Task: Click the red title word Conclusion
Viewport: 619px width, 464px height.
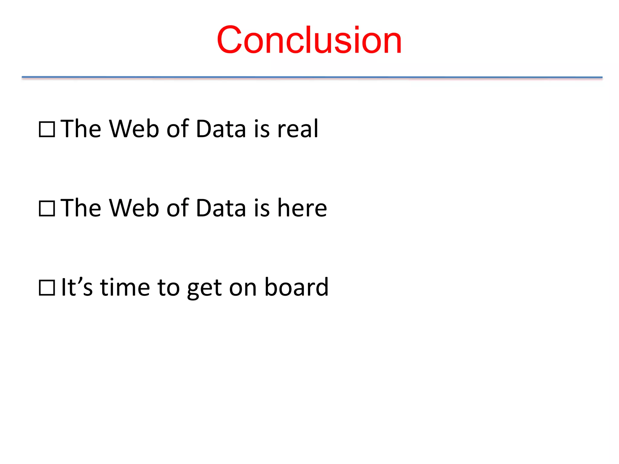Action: coord(309,40)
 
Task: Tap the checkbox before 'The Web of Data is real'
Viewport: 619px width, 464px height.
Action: coord(47,129)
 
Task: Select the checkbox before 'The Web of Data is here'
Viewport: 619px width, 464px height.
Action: coord(47,208)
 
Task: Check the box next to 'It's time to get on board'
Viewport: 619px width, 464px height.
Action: coord(47,288)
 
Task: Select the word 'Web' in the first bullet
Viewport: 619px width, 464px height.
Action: coord(134,129)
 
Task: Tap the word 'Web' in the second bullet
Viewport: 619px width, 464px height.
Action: coord(134,208)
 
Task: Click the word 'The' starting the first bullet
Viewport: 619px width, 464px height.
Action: coord(81,129)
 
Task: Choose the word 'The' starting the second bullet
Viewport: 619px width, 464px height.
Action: coord(81,208)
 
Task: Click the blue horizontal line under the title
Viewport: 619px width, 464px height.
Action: coord(312,77)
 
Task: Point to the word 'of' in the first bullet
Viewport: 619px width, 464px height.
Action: coord(178,129)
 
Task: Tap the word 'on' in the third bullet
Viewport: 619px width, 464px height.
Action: coord(243,288)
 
